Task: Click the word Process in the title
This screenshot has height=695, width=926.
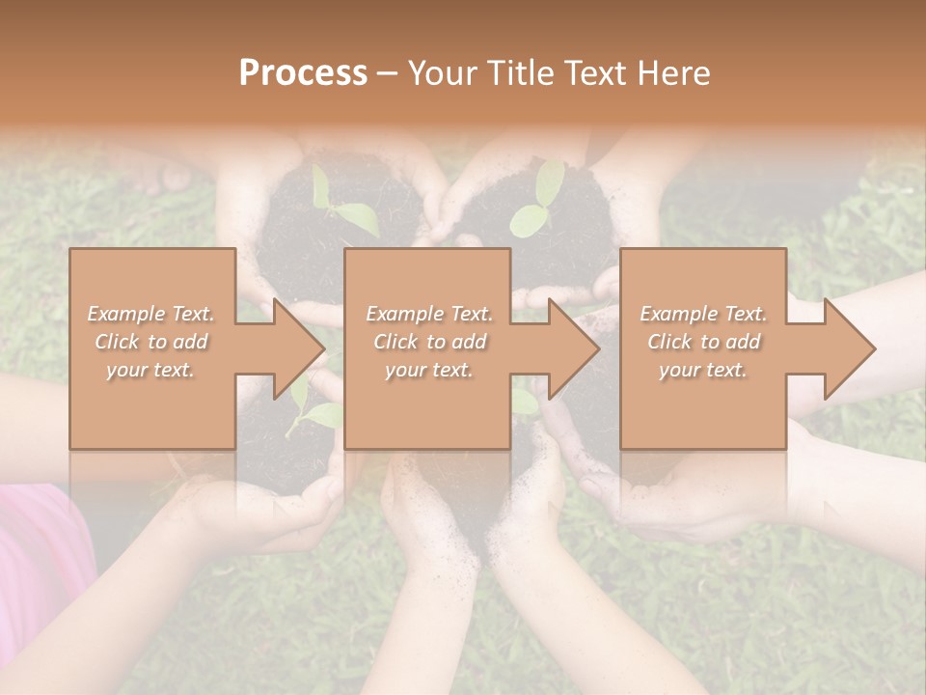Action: (x=303, y=73)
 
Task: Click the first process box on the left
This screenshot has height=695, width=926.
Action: (x=152, y=348)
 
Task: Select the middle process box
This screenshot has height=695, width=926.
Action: (x=427, y=348)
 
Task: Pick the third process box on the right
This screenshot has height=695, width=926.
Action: (x=702, y=348)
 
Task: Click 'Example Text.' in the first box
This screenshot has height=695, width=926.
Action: (x=151, y=314)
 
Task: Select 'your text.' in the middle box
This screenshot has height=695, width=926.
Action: (x=428, y=370)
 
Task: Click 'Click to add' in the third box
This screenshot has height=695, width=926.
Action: (x=703, y=342)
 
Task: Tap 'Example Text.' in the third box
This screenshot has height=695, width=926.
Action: (x=703, y=314)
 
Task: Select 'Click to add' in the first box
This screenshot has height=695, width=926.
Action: (x=151, y=342)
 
